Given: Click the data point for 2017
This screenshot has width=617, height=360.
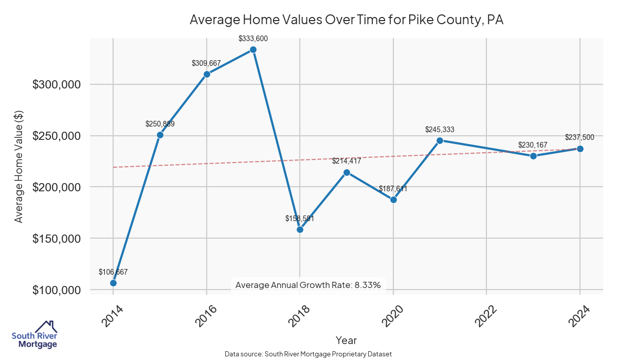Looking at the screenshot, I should (x=253, y=49).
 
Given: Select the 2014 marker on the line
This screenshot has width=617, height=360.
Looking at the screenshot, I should (x=113, y=283).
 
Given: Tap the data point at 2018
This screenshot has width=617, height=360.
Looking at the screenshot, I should (x=300, y=229).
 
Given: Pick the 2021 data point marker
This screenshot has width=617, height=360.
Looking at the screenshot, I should (x=440, y=140).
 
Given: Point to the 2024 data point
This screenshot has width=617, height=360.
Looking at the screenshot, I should (x=580, y=149).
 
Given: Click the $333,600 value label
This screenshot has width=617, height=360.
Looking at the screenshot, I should (x=253, y=39).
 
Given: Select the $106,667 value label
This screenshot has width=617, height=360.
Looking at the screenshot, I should (x=113, y=272).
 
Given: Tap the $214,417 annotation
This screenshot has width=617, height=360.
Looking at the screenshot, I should (x=347, y=161).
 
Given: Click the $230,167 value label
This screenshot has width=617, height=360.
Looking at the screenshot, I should (x=533, y=145).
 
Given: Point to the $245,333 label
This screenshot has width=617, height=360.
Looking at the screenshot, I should (x=440, y=130).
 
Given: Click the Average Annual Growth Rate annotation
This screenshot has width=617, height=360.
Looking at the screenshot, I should (x=307, y=285).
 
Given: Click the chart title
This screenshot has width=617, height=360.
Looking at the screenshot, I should (x=347, y=20).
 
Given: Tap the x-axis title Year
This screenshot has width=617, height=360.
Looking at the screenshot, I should (x=346, y=340).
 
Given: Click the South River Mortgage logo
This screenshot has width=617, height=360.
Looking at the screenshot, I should (x=34, y=335).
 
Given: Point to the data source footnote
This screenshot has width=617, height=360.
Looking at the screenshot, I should (x=308, y=354).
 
